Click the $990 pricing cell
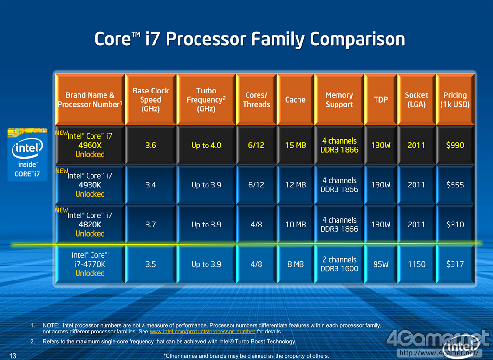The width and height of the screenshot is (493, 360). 455,145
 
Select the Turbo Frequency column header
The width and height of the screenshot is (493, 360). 206,100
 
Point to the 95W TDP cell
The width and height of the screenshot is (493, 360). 381,264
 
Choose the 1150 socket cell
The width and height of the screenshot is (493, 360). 416,264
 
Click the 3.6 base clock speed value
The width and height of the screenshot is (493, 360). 151,145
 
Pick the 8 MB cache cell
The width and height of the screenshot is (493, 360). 295,264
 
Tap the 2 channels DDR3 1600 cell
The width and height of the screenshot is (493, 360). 339,264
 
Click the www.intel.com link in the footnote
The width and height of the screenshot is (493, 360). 202,332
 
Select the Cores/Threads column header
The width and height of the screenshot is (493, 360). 256,100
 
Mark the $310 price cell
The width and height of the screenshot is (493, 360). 455,225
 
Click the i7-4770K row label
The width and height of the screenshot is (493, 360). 90,264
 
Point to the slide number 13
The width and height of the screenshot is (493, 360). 13,356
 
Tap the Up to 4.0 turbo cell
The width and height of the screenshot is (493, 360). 206,145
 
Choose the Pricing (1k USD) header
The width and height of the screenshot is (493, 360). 455,100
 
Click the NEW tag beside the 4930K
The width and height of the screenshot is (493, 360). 62,171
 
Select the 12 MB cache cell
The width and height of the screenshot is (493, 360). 295,185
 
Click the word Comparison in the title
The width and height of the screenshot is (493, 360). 357,39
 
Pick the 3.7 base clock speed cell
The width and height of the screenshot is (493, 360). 151,225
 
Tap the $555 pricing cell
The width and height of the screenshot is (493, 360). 455,185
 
